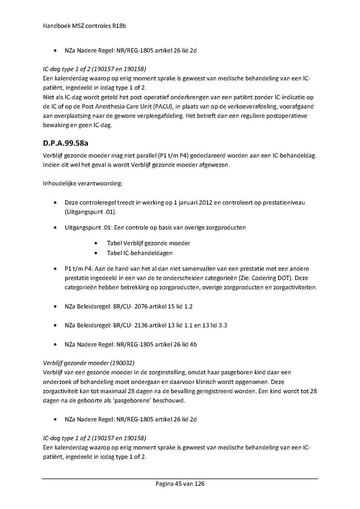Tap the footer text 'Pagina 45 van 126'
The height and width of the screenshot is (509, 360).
(180, 484)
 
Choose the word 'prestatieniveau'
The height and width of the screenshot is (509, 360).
(284, 203)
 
